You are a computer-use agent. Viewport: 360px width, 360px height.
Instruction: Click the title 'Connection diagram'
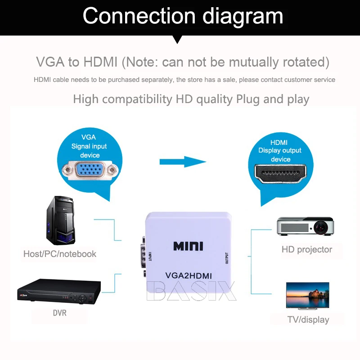click(x=183, y=16)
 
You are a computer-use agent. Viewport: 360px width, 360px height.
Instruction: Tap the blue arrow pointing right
click(x=182, y=161)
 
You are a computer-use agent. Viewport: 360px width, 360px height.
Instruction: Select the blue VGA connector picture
click(x=90, y=171)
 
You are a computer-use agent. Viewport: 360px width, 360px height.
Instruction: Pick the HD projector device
click(x=306, y=226)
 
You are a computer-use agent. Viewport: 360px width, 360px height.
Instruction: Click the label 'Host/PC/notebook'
click(x=60, y=254)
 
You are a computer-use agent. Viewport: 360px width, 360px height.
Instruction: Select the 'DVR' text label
click(x=59, y=312)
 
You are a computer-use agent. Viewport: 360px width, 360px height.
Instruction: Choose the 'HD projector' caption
click(x=307, y=249)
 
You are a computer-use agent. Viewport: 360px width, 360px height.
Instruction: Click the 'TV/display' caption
click(x=308, y=320)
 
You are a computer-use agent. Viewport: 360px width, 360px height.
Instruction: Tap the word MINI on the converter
click(x=188, y=246)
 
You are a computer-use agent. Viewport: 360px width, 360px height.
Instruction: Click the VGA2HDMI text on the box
click(x=189, y=275)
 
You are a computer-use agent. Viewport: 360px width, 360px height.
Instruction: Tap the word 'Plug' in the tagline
click(x=248, y=99)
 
